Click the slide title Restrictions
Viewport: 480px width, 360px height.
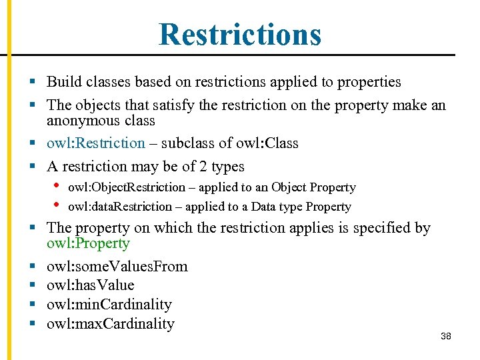pos(240,34)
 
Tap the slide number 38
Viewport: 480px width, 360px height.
pos(446,336)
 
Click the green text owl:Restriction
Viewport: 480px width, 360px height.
pos(95,143)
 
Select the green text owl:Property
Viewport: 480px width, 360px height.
pos(88,243)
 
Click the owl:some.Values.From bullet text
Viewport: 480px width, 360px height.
pos(117,267)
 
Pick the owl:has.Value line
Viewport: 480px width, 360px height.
pos(90,285)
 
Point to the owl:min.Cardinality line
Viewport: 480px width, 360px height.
pos(109,305)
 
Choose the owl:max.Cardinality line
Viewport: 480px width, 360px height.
pos(110,324)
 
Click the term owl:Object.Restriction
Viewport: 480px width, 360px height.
pos(126,188)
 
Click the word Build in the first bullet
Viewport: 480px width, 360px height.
pos(63,83)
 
